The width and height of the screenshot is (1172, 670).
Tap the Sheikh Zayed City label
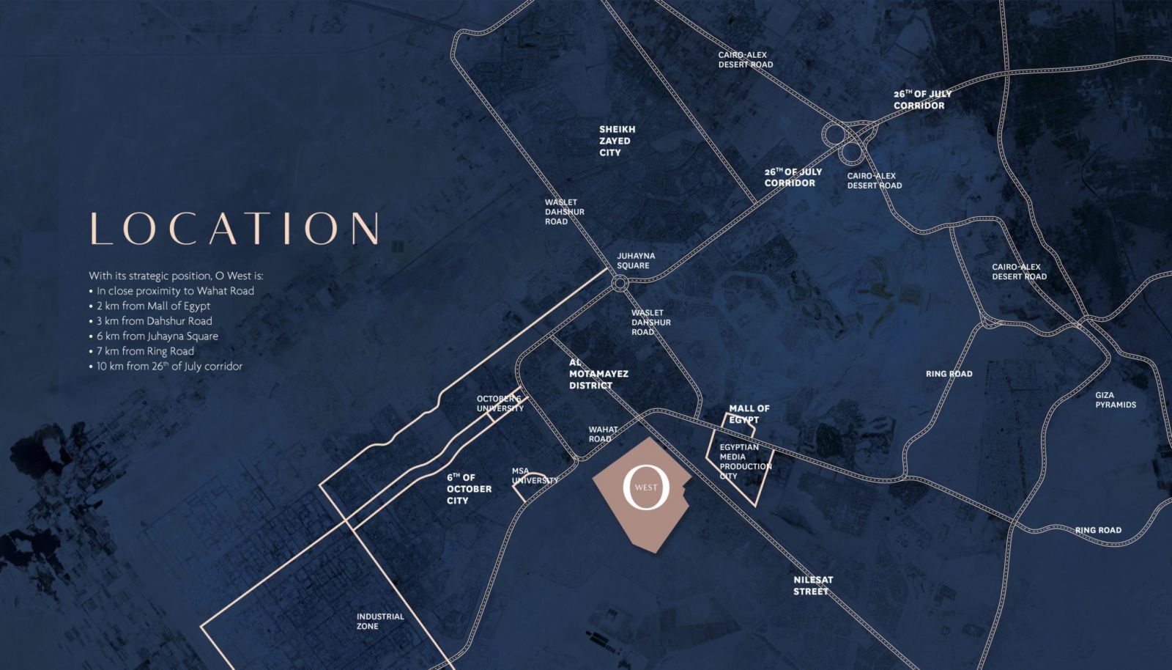(x=617, y=141)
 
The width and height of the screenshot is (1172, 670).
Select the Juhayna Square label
(x=635, y=260)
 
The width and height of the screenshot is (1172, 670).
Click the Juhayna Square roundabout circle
(x=620, y=283)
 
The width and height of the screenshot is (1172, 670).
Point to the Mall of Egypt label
(x=749, y=414)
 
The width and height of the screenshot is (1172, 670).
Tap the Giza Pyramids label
(x=1115, y=400)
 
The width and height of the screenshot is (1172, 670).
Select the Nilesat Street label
(x=813, y=585)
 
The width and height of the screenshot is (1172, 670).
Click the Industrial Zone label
(x=379, y=621)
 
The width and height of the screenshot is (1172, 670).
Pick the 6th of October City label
(x=469, y=488)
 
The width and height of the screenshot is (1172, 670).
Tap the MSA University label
(x=534, y=476)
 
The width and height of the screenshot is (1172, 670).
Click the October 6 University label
(x=500, y=403)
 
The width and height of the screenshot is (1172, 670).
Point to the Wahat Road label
(x=603, y=434)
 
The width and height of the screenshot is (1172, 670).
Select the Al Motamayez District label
(x=598, y=374)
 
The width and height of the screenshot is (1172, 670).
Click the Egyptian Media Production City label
(x=745, y=461)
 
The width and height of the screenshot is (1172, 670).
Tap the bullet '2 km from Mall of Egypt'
(x=153, y=306)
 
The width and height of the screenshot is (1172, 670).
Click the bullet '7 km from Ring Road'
(x=145, y=351)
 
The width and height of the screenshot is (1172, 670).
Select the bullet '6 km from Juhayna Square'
(x=157, y=336)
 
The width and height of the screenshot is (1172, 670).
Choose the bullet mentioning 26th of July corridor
(x=169, y=366)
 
